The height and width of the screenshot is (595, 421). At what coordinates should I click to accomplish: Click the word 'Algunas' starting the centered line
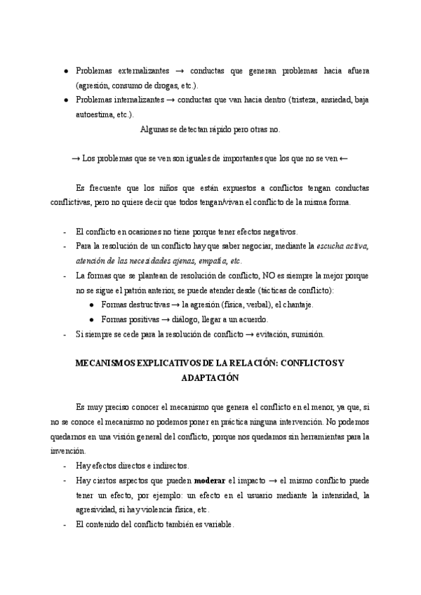pyautogui.click(x=154, y=129)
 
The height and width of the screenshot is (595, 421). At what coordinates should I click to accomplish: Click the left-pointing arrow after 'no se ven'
pyautogui.click(x=343, y=158)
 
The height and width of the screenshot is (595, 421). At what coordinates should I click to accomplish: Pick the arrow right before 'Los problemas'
pyautogui.click(x=76, y=158)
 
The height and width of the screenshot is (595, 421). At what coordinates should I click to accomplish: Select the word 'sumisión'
pyautogui.click(x=307, y=334)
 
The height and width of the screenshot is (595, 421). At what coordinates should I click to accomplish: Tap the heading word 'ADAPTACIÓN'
pyautogui.click(x=210, y=377)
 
